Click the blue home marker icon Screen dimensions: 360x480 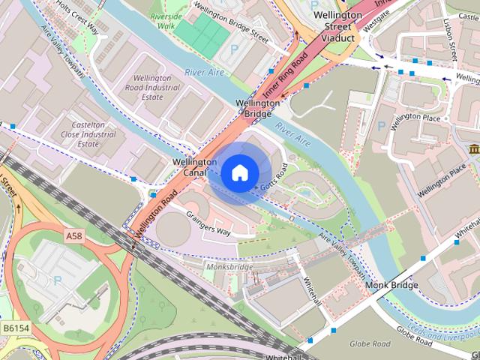pos(238,173)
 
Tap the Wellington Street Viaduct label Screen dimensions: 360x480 pos(332,26)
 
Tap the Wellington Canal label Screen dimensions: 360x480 pos(194,167)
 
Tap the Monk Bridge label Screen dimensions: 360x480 pos(391,286)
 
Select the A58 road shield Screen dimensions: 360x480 pos(73,236)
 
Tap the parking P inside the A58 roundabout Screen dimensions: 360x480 pos(58,281)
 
